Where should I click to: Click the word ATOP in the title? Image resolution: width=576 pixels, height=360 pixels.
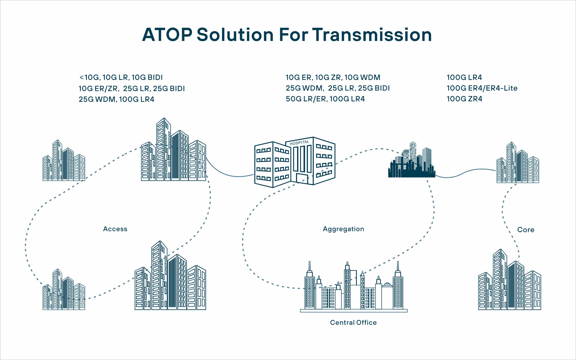tap(167, 35)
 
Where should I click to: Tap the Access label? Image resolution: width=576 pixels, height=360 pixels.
tap(115, 229)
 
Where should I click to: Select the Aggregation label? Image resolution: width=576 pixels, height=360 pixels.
tap(343, 229)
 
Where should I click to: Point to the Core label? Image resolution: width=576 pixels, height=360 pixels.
tap(526, 230)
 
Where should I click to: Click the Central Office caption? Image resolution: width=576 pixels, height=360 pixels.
tap(353, 322)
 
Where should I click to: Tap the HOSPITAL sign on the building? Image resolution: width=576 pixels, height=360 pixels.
tap(299, 143)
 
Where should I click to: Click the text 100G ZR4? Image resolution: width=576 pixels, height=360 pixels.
tap(464, 99)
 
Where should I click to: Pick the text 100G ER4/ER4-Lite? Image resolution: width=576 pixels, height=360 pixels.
tap(482, 88)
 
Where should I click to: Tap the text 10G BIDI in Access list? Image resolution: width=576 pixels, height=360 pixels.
tap(147, 77)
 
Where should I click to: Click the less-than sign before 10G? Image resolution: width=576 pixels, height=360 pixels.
tap(81, 78)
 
